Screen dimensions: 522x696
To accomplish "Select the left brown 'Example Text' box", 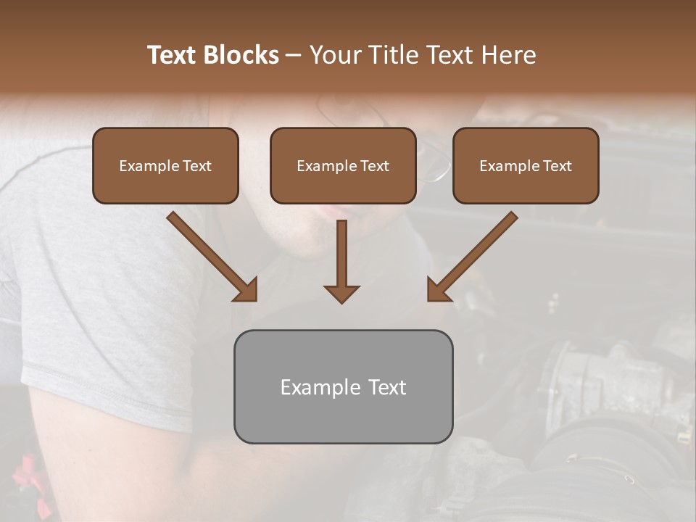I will pos(165,166).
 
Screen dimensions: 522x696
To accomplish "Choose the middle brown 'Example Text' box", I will pos(343,166).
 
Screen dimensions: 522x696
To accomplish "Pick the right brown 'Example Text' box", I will pos(526,166).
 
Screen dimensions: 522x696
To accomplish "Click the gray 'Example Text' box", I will pos(343,386).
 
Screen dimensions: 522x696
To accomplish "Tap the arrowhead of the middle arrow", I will pos(341,293).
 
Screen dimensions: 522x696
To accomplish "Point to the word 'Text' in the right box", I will pos(557,166).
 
